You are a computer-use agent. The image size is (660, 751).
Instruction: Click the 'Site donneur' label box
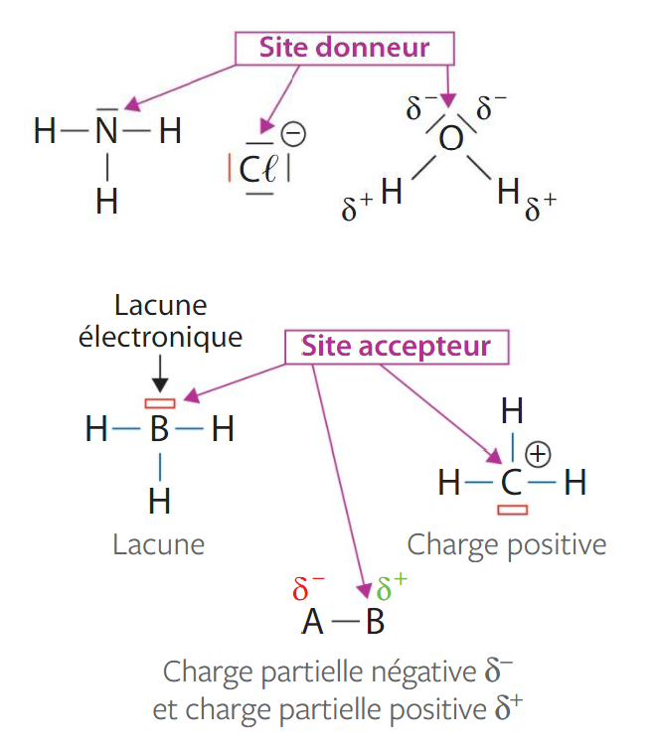[x=344, y=47]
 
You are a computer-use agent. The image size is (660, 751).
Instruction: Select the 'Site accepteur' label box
[x=396, y=346]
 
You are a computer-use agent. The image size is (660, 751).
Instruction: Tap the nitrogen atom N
[x=107, y=131]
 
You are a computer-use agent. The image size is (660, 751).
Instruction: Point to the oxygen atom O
[x=450, y=140]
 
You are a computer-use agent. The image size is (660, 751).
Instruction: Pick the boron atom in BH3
[x=159, y=431]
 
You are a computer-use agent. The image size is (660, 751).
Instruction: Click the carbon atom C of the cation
[x=511, y=484]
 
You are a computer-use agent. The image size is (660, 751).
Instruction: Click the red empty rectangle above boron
[x=160, y=403]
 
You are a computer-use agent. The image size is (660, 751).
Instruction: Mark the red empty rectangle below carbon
[x=512, y=510]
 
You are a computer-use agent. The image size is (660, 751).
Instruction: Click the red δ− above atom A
[x=308, y=589]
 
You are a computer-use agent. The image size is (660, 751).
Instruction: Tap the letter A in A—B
[x=313, y=623]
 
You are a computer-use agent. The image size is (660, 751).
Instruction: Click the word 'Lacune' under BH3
[x=159, y=544]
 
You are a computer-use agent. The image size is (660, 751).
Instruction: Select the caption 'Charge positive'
[x=506, y=544]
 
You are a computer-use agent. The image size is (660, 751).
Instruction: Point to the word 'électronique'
[x=160, y=337]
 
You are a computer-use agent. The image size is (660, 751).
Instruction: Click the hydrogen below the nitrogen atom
[x=107, y=202]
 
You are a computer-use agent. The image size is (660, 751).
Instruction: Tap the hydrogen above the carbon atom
[x=512, y=409]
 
